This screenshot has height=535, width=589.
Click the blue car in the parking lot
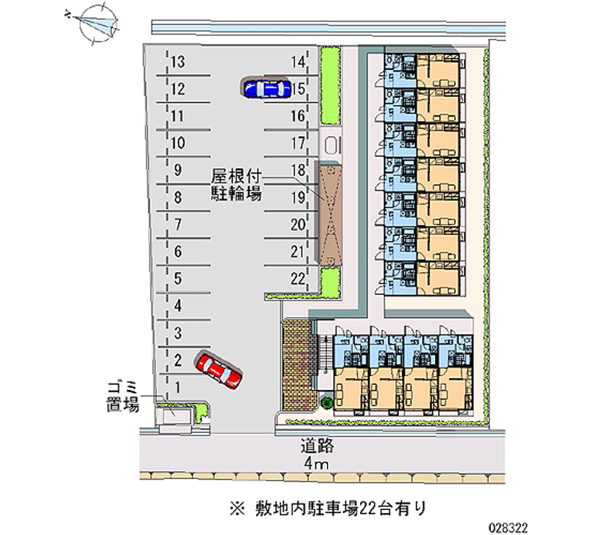coord(267,88)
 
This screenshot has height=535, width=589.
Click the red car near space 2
coord(218,369)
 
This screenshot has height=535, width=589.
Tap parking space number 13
coord(178,62)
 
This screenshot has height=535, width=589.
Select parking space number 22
coord(297,279)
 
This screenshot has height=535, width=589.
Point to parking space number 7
coord(178,224)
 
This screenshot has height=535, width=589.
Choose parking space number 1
coord(178,387)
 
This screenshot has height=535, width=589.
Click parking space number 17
coord(298,143)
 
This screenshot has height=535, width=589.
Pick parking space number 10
coord(178,143)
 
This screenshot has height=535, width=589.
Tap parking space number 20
coord(298,224)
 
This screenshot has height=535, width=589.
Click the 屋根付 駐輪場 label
coord(236,184)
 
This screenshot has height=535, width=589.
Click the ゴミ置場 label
coord(123,397)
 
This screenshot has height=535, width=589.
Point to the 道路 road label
coord(317,445)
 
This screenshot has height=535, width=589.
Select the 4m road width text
coord(317,464)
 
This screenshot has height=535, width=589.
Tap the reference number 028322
coord(508,528)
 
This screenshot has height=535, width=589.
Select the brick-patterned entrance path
coord(297,365)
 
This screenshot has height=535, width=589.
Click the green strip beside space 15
coord(330,85)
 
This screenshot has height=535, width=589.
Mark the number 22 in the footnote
coord(367,509)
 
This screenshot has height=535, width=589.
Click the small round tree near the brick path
coord(327,403)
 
